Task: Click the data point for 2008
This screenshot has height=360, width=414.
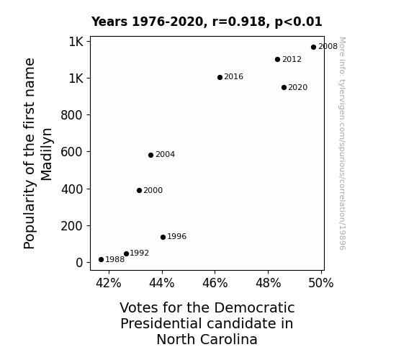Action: pyautogui.click(x=313, y=48)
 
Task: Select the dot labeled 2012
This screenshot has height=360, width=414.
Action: pyautogui.click(x=277, y=60)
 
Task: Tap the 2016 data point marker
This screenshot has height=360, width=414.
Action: pyautogui.click(x=220, y=77)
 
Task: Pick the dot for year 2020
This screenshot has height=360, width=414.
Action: pyautogui.click(x=284, y=87)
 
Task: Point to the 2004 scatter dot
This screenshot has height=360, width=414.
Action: pyautogui.click(x=150, y=155)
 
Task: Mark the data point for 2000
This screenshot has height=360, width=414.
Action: pyautogui.click(x=140, y=190)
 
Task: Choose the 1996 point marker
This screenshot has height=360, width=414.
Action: pyautogui.click(x=163, y=237)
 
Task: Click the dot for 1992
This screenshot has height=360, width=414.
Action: pyautogui.click(x=127, y=254)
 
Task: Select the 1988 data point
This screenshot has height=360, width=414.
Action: pyautogui.click(x=101, y=260)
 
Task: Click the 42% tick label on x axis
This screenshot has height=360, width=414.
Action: pyautogui.click(x=109, y=283)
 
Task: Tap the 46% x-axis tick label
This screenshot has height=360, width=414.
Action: pyautogui.click(x=215, y=283)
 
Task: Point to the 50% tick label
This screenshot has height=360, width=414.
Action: pyautogui.click(x=321, y=283)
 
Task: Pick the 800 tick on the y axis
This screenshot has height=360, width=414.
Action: pyautogui.click(x=71, y=115)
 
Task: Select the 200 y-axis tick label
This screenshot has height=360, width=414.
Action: pyautogui.click(x=71, y=226)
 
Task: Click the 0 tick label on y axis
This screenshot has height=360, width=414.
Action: pyautogui.click(x=79, y=263)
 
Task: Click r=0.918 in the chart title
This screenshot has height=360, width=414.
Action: pyautogui.click(x=239, y=22)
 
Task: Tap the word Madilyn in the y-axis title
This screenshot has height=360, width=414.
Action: pyautogui.click(x=47, y=155)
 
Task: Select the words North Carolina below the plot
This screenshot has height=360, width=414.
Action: pyautogui.click(x=207, y=339)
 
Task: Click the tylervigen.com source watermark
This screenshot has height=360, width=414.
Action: pyautogui.click(x=343, y=143)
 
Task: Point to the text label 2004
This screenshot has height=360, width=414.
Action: pyautogui.click(x=166, y=155)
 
